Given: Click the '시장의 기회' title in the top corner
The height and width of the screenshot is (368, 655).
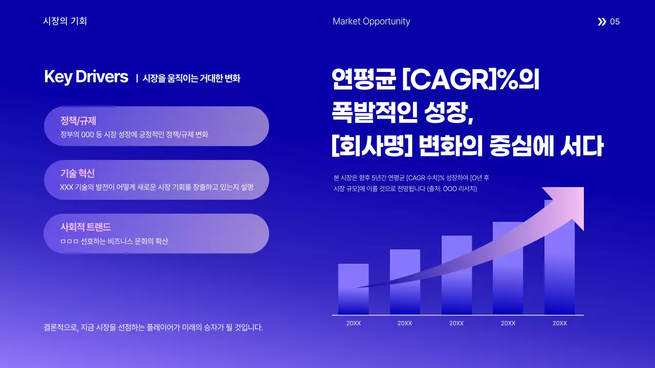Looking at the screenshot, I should click(x=65, y=21).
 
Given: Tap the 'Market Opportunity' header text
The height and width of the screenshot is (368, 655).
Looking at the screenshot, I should click(x=371, y=21).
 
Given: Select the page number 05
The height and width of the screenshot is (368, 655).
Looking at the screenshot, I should click(x=615, y=21).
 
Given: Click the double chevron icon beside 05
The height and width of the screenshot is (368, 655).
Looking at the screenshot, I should click(x=601, y=21).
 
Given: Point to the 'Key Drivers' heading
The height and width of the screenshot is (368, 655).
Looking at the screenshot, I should click(x=86, y=77).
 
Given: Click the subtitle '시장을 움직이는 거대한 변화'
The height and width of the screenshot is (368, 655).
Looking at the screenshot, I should click(x=191, y=78).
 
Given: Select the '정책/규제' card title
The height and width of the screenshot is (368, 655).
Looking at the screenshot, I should click(x=78, y=121).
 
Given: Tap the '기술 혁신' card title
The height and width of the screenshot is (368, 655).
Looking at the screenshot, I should click(x=77, y=173).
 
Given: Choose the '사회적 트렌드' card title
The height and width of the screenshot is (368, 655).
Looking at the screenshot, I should click(x=85, y=227).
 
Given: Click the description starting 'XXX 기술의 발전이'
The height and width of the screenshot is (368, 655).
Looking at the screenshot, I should click(x=157, y=187).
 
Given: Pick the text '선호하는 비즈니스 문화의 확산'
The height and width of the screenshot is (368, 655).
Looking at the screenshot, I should click(x=124, y=241).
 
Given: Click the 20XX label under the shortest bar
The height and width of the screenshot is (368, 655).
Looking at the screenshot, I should click(x=354, y=324).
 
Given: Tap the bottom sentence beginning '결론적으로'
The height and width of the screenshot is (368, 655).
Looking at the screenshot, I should click(x=154, y=328).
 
